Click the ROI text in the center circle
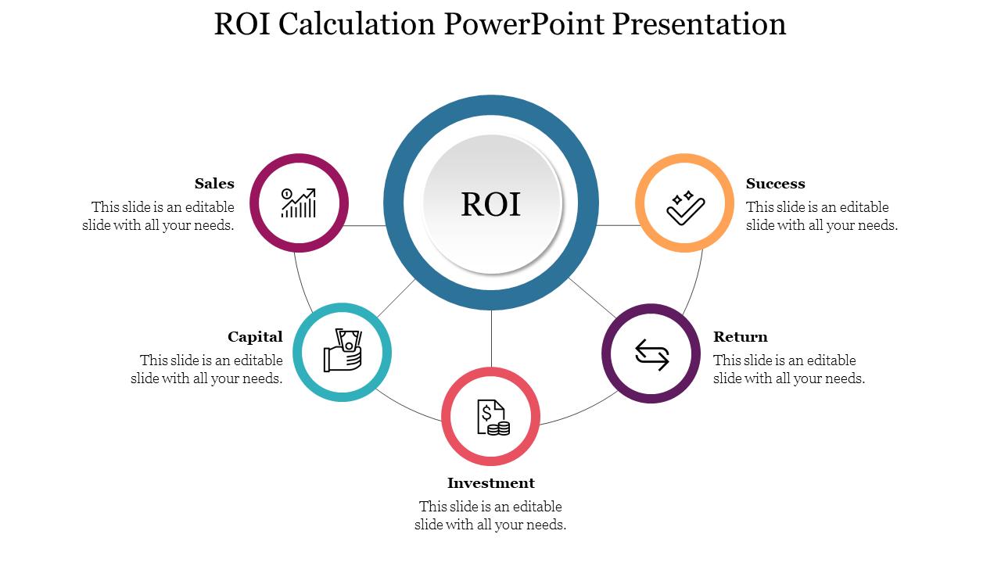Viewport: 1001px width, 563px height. [490, 204]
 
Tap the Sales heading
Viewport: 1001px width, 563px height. [214, 184]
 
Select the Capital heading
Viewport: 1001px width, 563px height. [255, 337]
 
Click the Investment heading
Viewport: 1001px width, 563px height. [491, 483]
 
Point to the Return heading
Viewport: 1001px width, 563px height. [741, 337]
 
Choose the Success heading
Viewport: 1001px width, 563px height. [775, 184]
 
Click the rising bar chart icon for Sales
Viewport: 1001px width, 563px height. [299, 203]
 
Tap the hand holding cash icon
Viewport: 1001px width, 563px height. [343, 351]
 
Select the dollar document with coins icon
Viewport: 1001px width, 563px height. [492, 418]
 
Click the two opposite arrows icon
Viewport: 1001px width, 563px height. [651, 354]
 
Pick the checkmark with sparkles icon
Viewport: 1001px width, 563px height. [685, 206]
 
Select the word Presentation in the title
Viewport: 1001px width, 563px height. [699, 24]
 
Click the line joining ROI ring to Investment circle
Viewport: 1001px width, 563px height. [491, 338]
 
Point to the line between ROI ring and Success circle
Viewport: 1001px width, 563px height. [618, 225]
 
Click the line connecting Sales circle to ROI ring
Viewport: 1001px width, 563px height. [365, 225]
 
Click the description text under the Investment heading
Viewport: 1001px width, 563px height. [490, 515]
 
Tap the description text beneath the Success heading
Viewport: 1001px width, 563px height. [821, 216]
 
